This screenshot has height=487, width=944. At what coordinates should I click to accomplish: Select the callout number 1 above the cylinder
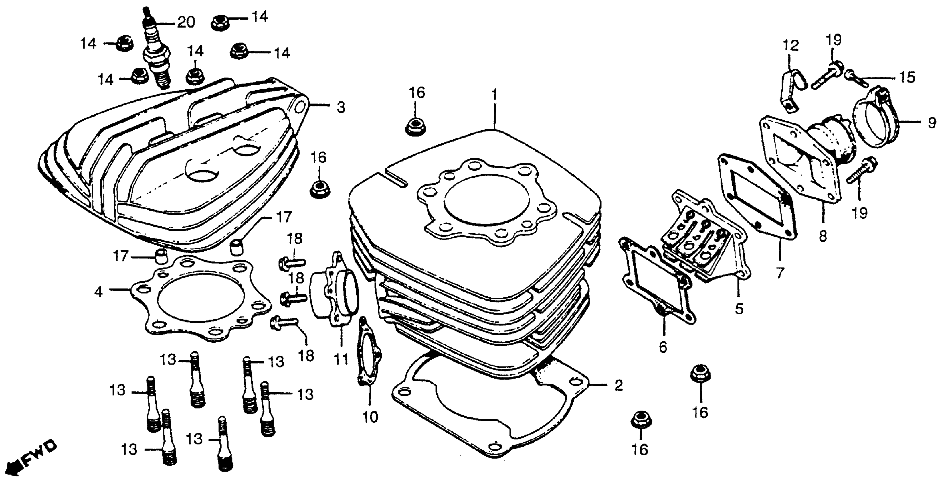(494, 95)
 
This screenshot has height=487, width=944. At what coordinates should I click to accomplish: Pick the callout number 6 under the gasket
(663, 347)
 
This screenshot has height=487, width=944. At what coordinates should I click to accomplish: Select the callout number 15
(907, 77)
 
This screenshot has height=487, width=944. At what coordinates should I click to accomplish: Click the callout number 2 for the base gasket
(618, 385)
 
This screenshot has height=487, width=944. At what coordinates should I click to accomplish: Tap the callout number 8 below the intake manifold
(823, 237)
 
